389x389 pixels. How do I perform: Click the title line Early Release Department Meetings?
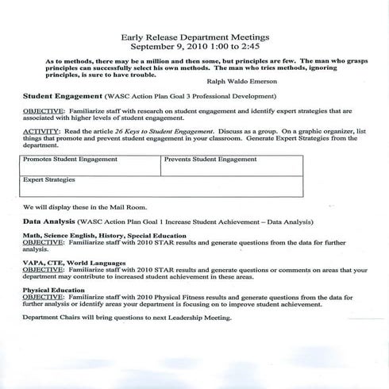point(195,37)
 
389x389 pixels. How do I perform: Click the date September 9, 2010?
point(164,47)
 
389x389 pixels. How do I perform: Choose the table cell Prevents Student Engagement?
point(210,160)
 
